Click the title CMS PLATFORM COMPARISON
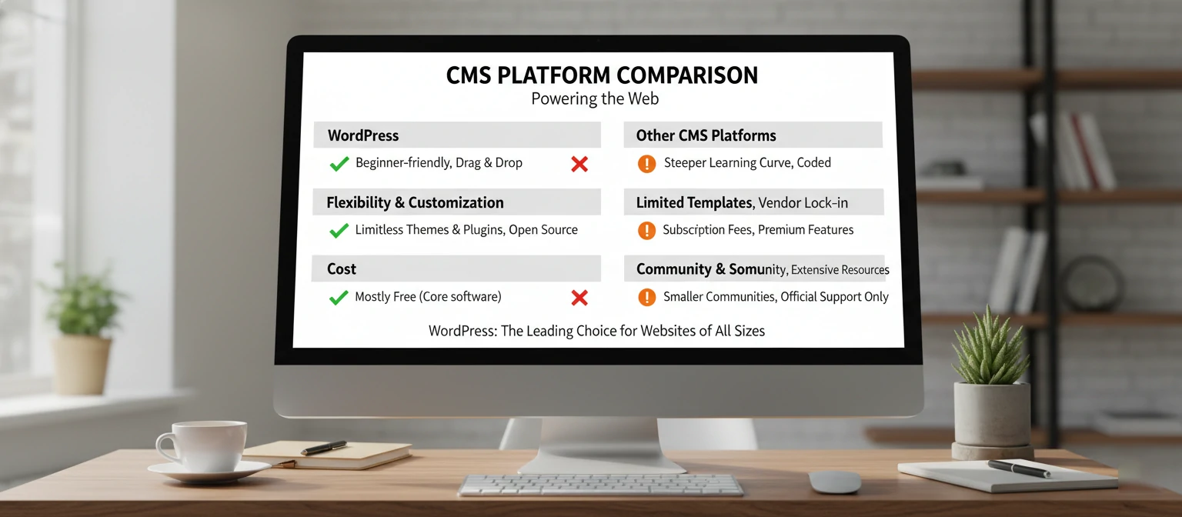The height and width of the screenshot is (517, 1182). [602, 75]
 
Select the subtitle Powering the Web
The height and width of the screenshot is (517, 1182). [595, 99]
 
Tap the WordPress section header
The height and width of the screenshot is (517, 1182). [363, 135]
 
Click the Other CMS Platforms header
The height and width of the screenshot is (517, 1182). [706, 135]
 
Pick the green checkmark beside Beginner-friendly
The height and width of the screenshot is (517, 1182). [339, 163]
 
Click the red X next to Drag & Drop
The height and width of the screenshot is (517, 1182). [579, 163]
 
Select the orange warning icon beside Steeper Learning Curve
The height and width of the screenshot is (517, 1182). [647, 163]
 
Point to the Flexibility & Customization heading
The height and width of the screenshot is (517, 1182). [415, 202]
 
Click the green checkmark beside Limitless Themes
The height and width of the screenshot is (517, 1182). [339, 230]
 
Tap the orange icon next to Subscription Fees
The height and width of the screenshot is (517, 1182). [647, 230]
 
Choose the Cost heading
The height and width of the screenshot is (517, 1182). [342, 269]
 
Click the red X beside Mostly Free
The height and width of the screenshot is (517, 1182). [579, 297]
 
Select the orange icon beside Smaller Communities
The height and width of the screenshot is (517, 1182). [647, 297]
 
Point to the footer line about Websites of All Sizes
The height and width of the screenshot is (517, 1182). [596, 331]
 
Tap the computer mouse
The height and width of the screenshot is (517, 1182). [834, 482]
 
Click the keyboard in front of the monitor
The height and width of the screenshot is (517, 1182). [600, 485]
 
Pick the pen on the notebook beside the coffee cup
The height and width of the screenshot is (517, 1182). [323, 448]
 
